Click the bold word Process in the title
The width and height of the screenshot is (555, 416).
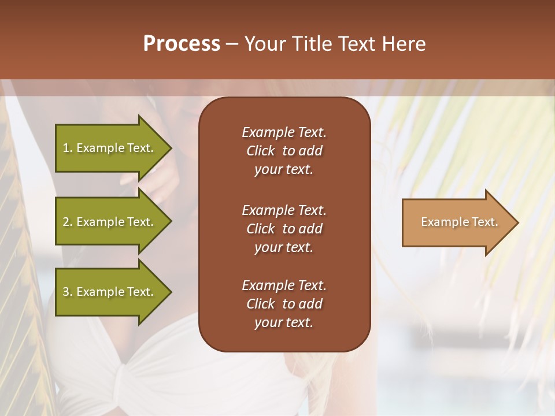point(182,44)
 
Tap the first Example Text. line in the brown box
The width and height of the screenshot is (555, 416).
point(284,132)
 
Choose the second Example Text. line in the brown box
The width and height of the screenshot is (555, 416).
point(284,210)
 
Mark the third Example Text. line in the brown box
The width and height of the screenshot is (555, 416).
point(284,285)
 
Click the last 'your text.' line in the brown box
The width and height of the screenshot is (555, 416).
point(284,323)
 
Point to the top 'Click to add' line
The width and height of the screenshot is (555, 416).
point(284,151)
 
